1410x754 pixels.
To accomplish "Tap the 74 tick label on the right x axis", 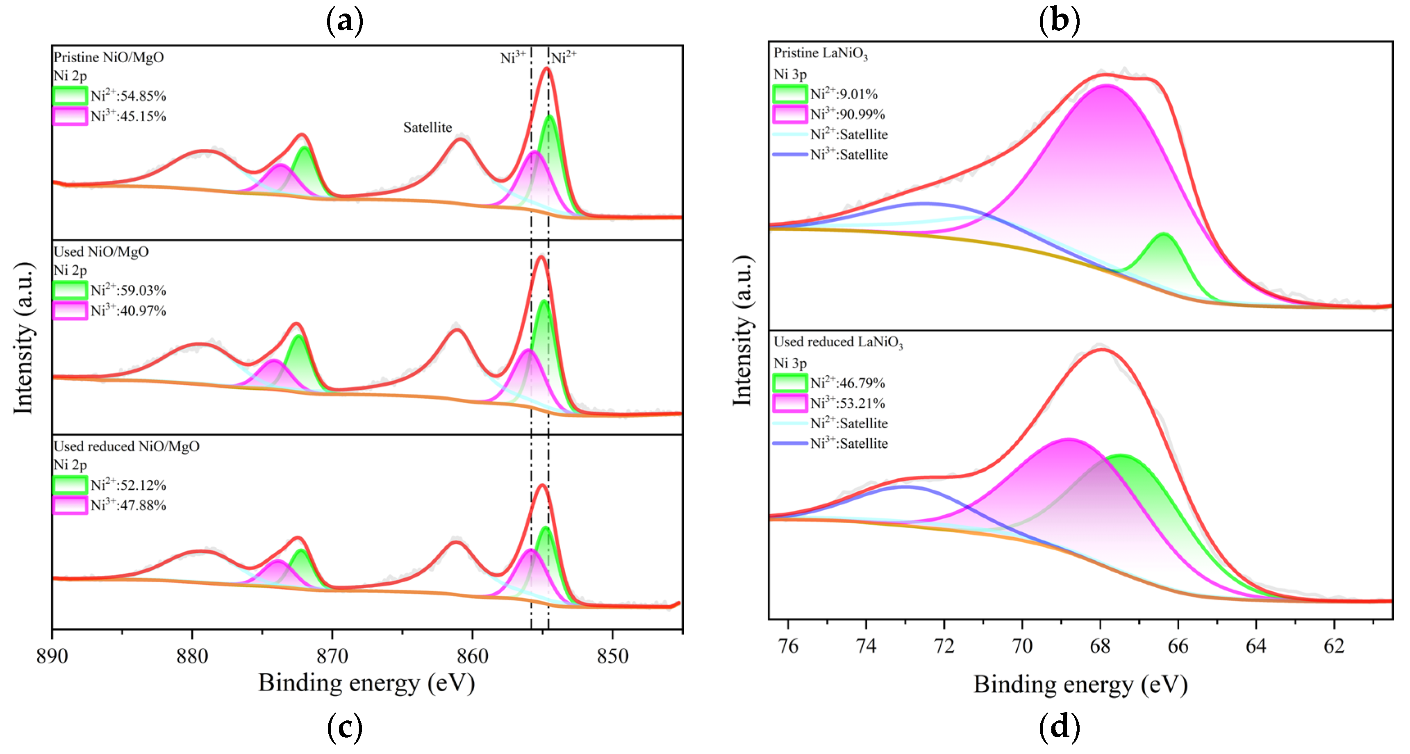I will click(866, 646).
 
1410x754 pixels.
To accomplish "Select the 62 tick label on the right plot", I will click(1334, 646).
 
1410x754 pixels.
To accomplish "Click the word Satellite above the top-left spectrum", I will click(428, 127).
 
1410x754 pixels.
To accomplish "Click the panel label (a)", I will click(344, 21).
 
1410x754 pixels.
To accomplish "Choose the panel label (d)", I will click(1059, 727).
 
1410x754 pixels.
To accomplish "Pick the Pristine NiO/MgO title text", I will click(108, 57).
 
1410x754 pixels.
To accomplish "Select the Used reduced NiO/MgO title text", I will click(126, 447).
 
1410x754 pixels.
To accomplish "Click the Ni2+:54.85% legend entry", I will click(128, 96).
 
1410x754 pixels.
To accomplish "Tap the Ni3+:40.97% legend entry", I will click(128, 311).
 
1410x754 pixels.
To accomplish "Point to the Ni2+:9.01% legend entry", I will click(844, 94).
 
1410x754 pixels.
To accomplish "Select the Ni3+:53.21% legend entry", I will click(847, 403).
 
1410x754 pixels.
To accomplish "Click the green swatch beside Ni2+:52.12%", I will click(70, 485).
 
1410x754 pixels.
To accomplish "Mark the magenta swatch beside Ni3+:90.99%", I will click(789, 114).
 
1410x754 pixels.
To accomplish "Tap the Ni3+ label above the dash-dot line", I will click(513, 57).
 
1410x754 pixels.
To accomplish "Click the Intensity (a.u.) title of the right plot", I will click(743, 331).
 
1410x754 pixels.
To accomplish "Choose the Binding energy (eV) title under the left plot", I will click(366, 683).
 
